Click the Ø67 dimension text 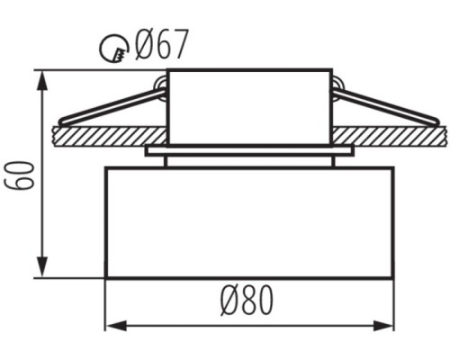(161, 44)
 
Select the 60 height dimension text (20, 175)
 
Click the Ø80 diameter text (247, 300)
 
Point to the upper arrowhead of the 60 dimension (42, 80)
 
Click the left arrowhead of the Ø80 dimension (116, 326)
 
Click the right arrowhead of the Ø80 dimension (382, 326)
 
